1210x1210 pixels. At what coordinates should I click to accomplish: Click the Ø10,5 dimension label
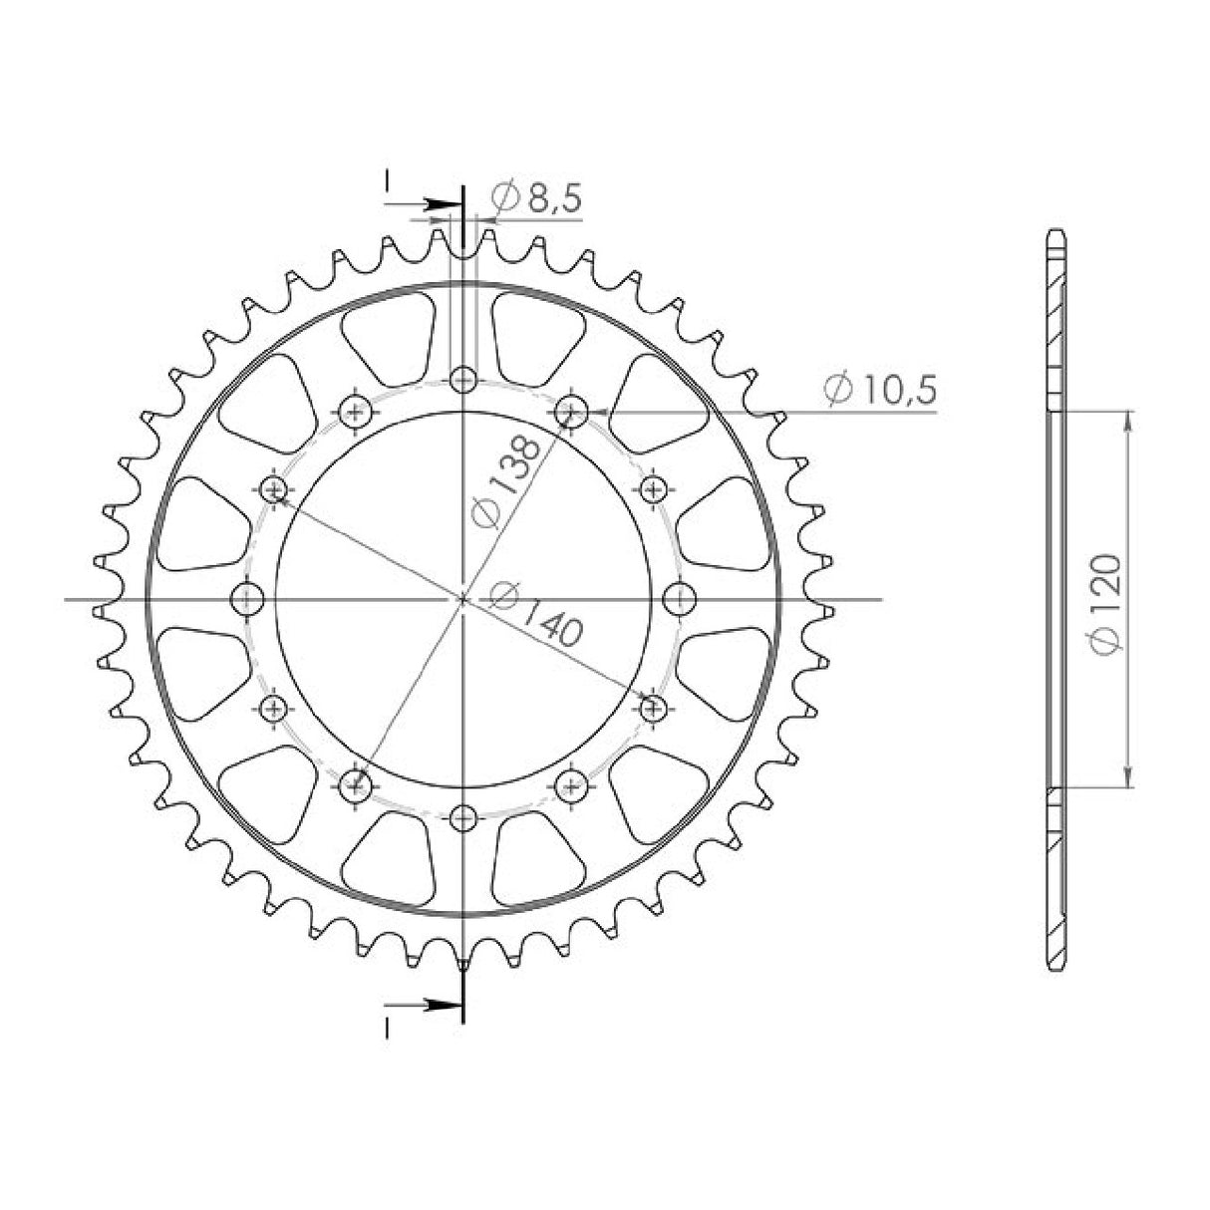pos(880,390)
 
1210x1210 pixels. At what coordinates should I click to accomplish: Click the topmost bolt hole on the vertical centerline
pos(462,380)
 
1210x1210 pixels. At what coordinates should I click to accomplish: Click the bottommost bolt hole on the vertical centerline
pos(462,818)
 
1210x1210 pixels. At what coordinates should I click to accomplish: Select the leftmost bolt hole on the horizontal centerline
pos(245,599)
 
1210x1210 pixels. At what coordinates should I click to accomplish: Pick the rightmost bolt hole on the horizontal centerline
pos(679,599)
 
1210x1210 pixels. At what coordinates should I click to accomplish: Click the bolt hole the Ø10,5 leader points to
pos(571,410)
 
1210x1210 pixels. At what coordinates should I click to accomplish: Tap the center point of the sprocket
pos(462,599)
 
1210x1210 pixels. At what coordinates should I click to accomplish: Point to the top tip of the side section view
pos(1056,232)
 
